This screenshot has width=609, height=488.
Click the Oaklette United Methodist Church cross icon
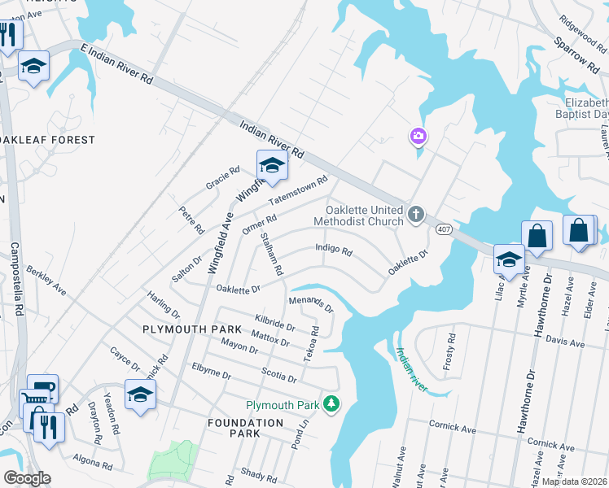point(416,215)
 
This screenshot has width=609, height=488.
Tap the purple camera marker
point(418,136)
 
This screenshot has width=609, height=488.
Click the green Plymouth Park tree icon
point(331,403)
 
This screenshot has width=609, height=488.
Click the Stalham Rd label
point(271,253)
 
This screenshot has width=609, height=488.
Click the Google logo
point(27,478)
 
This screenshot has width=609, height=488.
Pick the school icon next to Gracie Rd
point(272,166)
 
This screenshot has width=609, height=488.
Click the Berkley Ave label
point(46,279)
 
